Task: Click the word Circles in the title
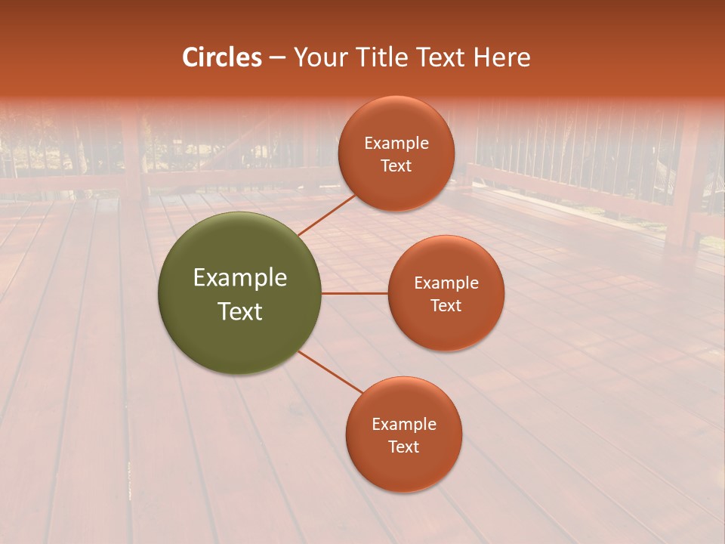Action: pyautogui.click(x=222, y=57)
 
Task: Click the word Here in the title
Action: pyautogui.click(x=501, y=57)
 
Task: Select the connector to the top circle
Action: pyautogui.click(x=326, y=215)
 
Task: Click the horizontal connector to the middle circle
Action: pyautogui.click(x=354, y=293)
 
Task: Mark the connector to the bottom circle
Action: pyautogui.click(x=331, y=372)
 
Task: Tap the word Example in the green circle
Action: pyautogui.click(x=240, y=278)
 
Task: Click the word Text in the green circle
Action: pyautogui.click(x=240, y=311)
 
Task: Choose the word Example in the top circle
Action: pyautogui.click(x=396, y=144)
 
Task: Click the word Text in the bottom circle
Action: pyautogui.click(x=403, y=447)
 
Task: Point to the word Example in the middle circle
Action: pyautogui.click(x=446, y=283)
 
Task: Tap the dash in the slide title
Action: pyautogui.click(x=277, y=57)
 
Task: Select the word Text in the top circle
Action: pyautogui.click(x=396, y=166)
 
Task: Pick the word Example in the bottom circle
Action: pyautogui.click(x=403, y=425)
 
